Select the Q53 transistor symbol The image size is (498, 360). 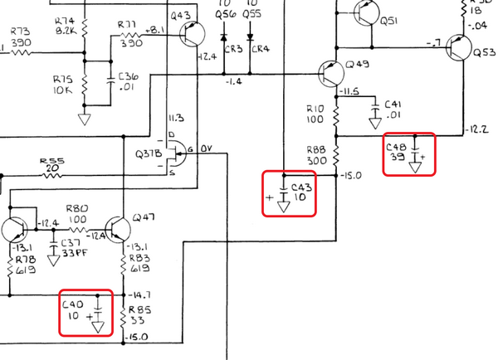coord(458,47)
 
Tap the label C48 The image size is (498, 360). coord(398,146)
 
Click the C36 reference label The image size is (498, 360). coord(129,77)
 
